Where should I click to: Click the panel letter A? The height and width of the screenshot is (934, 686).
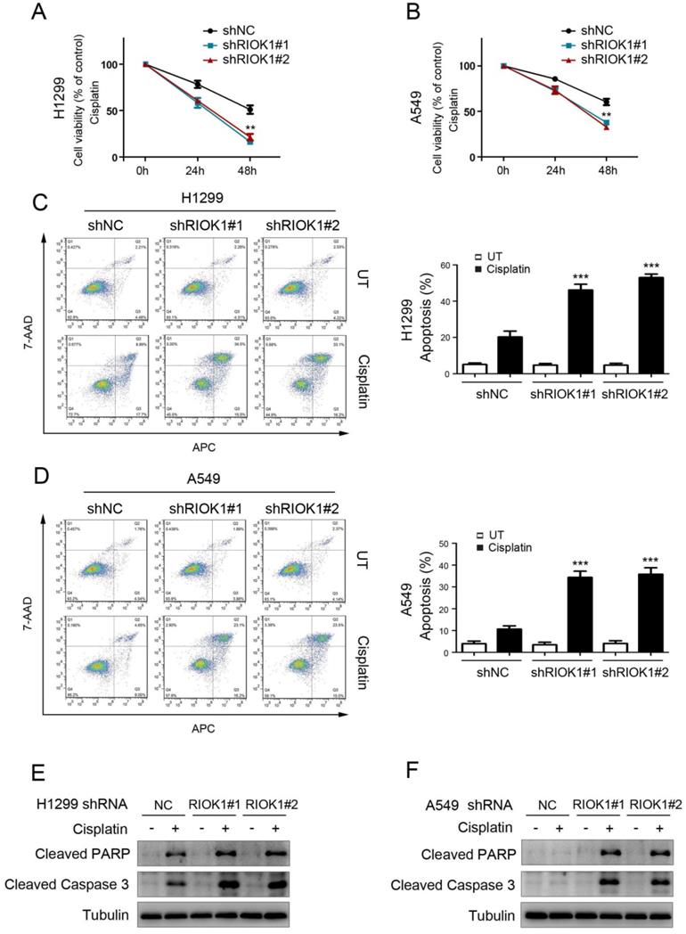click(x=40, y=13)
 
